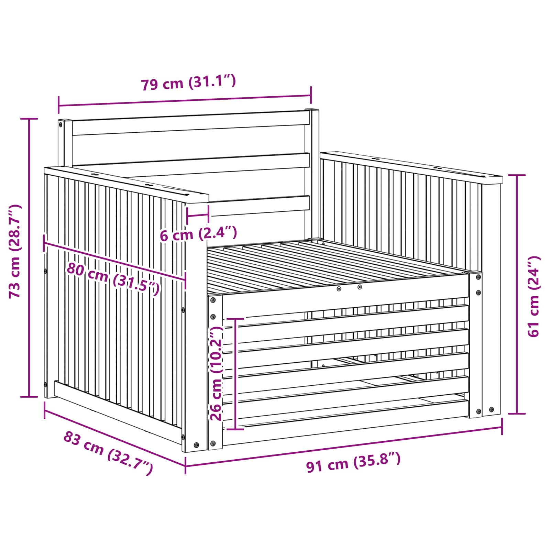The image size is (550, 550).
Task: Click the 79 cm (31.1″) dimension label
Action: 188,83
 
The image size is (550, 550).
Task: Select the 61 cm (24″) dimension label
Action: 533,296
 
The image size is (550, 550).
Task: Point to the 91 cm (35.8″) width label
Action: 353,462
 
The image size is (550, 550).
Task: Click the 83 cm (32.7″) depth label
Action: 108,453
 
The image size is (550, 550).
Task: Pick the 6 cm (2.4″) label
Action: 198,233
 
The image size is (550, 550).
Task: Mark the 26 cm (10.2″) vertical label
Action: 217,373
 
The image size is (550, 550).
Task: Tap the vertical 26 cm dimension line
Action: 235,374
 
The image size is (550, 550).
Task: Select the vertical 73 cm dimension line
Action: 29,258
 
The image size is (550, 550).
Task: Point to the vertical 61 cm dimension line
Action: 517,294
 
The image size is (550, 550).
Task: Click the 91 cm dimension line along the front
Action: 344,446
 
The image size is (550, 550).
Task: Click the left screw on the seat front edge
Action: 339,289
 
